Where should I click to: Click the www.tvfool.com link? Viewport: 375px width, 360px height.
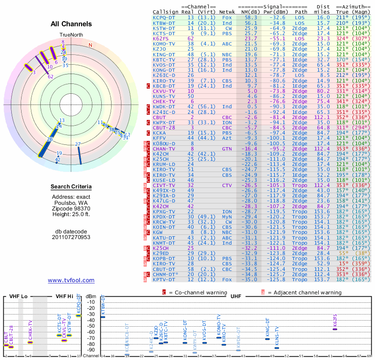(71, 280)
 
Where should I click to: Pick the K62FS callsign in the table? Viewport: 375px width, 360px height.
(160, 38)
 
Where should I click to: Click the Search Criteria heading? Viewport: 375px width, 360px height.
(71, 187)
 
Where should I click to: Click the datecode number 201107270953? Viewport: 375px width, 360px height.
(71, 237)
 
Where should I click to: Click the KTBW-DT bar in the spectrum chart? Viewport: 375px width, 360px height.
(103, 317)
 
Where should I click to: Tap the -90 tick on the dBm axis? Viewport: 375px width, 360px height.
(91, 350)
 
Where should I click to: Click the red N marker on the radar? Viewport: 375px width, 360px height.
(90, 45)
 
